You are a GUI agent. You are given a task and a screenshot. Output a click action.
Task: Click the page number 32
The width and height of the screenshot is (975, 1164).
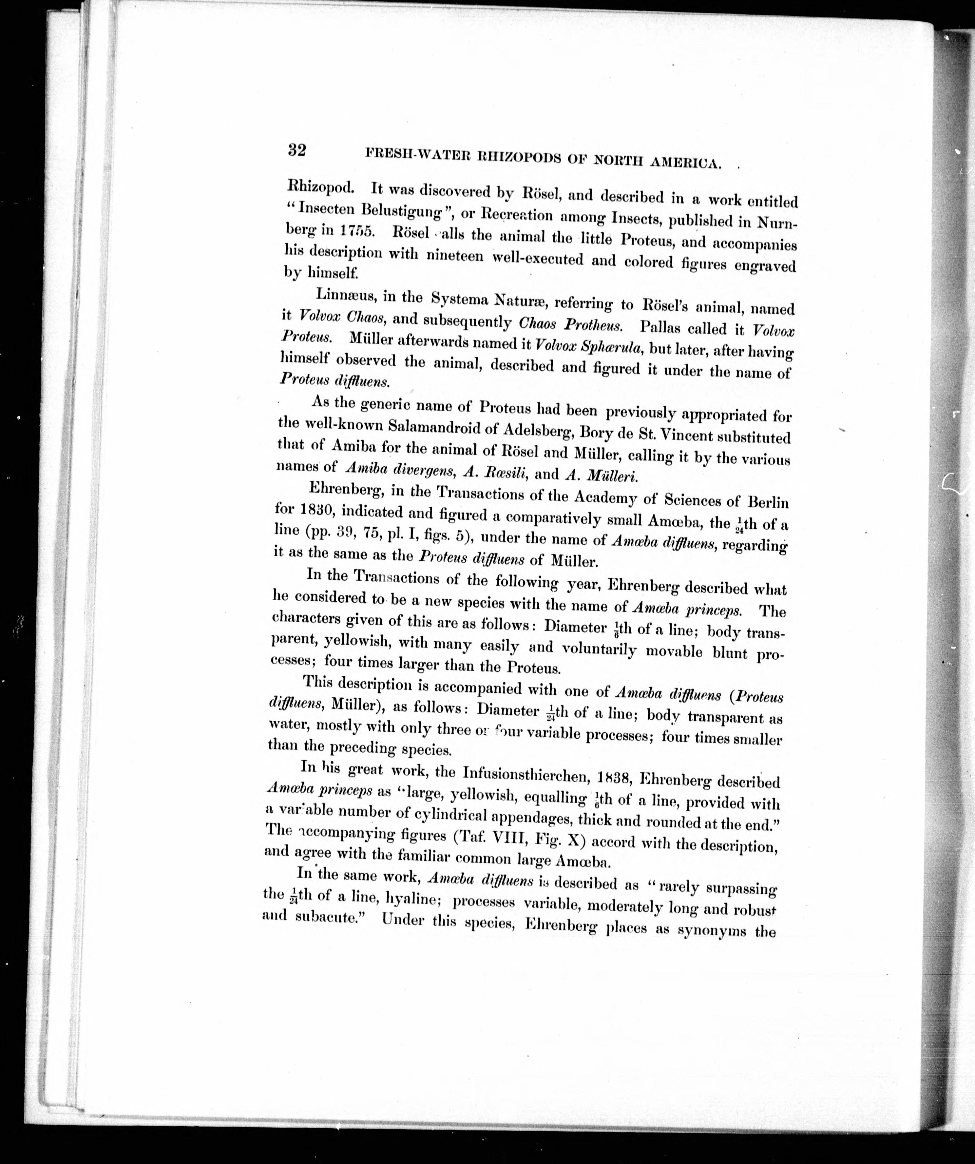[x=296, y=150]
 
